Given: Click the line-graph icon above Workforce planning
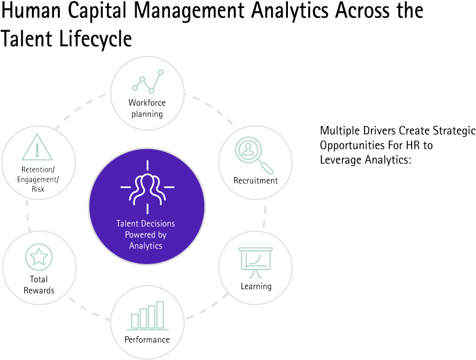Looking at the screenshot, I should tap(148, 82).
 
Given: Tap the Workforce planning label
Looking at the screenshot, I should tap(147, 108).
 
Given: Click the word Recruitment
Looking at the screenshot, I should tap(255, 181).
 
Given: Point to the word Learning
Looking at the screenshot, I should tap(256, 286).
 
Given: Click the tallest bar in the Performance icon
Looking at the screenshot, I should tap(160, 315).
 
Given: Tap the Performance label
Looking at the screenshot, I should tap(147, 340).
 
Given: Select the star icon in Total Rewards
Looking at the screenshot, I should tap(39, 256).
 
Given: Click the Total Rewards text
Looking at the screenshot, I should tap(39, 285).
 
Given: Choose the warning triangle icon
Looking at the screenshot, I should tap(37, 147).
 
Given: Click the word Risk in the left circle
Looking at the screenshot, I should tap(38, 189).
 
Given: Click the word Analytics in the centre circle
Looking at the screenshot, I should tap(146, 246).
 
